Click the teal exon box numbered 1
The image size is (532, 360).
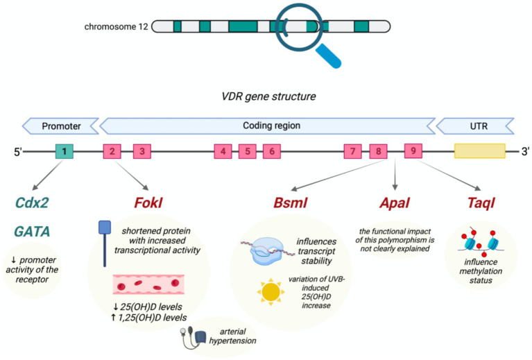click(64, 151)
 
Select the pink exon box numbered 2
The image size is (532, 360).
click(112, 151)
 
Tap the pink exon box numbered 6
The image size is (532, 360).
click(272, 151)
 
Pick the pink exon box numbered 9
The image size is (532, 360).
click(413, 151)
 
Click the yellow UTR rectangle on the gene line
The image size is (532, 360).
click(480, 151)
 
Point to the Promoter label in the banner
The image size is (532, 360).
click(62, 126)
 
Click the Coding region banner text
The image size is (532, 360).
click(271, 126)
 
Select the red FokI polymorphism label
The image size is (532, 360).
click(148, 203)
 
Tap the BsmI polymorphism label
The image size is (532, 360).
click(291, 203)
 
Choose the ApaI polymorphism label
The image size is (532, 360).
click(395, 203)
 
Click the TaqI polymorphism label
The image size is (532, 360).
click(481, 203)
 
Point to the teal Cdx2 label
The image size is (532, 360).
click(32, 203)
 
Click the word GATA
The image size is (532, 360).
click(32, 232)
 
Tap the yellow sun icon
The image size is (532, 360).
click(271, 292)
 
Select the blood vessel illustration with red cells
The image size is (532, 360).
click(148, 284)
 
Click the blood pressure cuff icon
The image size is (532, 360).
click(194, 338)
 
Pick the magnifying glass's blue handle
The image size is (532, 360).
click(328, 57)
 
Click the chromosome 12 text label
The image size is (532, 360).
click(116, 27)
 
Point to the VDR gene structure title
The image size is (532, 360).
click(268, 96)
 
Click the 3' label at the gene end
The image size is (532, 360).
click(524, 151)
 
